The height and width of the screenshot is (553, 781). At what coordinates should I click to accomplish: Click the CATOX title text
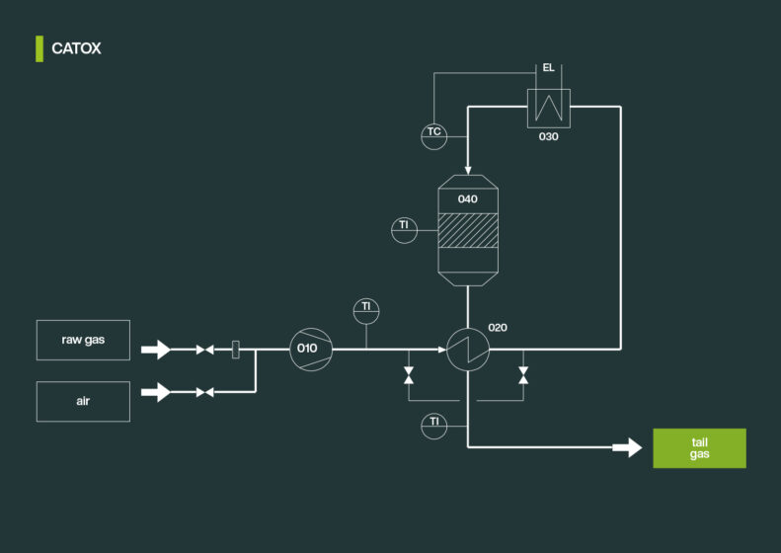pyautogui.click(x=76, y=48)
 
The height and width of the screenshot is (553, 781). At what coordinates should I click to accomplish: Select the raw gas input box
pyautogui.click(x=83, y=340)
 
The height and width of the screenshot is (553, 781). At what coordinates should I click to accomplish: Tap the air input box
pyautogui.click(x=83, y=402)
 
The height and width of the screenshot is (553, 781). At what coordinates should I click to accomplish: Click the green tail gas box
pyautogui.click(x=699, y=448)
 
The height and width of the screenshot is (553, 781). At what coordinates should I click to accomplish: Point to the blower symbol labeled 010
pyautogui.click(x=310, y=349)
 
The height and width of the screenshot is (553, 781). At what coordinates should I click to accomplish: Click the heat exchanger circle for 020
pyautogui.click(x=466, y=349)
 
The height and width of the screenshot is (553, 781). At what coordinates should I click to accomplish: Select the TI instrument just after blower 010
pyautogui.click(x=366, y=308)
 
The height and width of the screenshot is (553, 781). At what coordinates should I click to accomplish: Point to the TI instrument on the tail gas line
pyautogui.click(x=433, y=425)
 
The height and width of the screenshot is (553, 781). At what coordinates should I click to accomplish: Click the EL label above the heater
pyautogui.click(x=548, y=68)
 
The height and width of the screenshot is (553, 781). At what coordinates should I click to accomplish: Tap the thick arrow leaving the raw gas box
pyautogui.click(x=156, y=350)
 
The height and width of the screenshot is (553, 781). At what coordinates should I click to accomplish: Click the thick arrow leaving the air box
pyautogui.click(x=156, y=392)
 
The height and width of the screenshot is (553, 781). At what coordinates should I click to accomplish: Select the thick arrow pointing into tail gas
pyautogui.click(x=627, y=448)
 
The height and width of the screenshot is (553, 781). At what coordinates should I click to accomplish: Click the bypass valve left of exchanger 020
pyautogui.click(x=409, y=375)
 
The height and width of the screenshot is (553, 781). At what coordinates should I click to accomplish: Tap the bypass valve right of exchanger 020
pyautogui.click(x=523, y=375)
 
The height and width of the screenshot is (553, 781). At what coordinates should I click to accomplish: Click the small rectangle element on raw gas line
pyautogui.click(x=235, y=350)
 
